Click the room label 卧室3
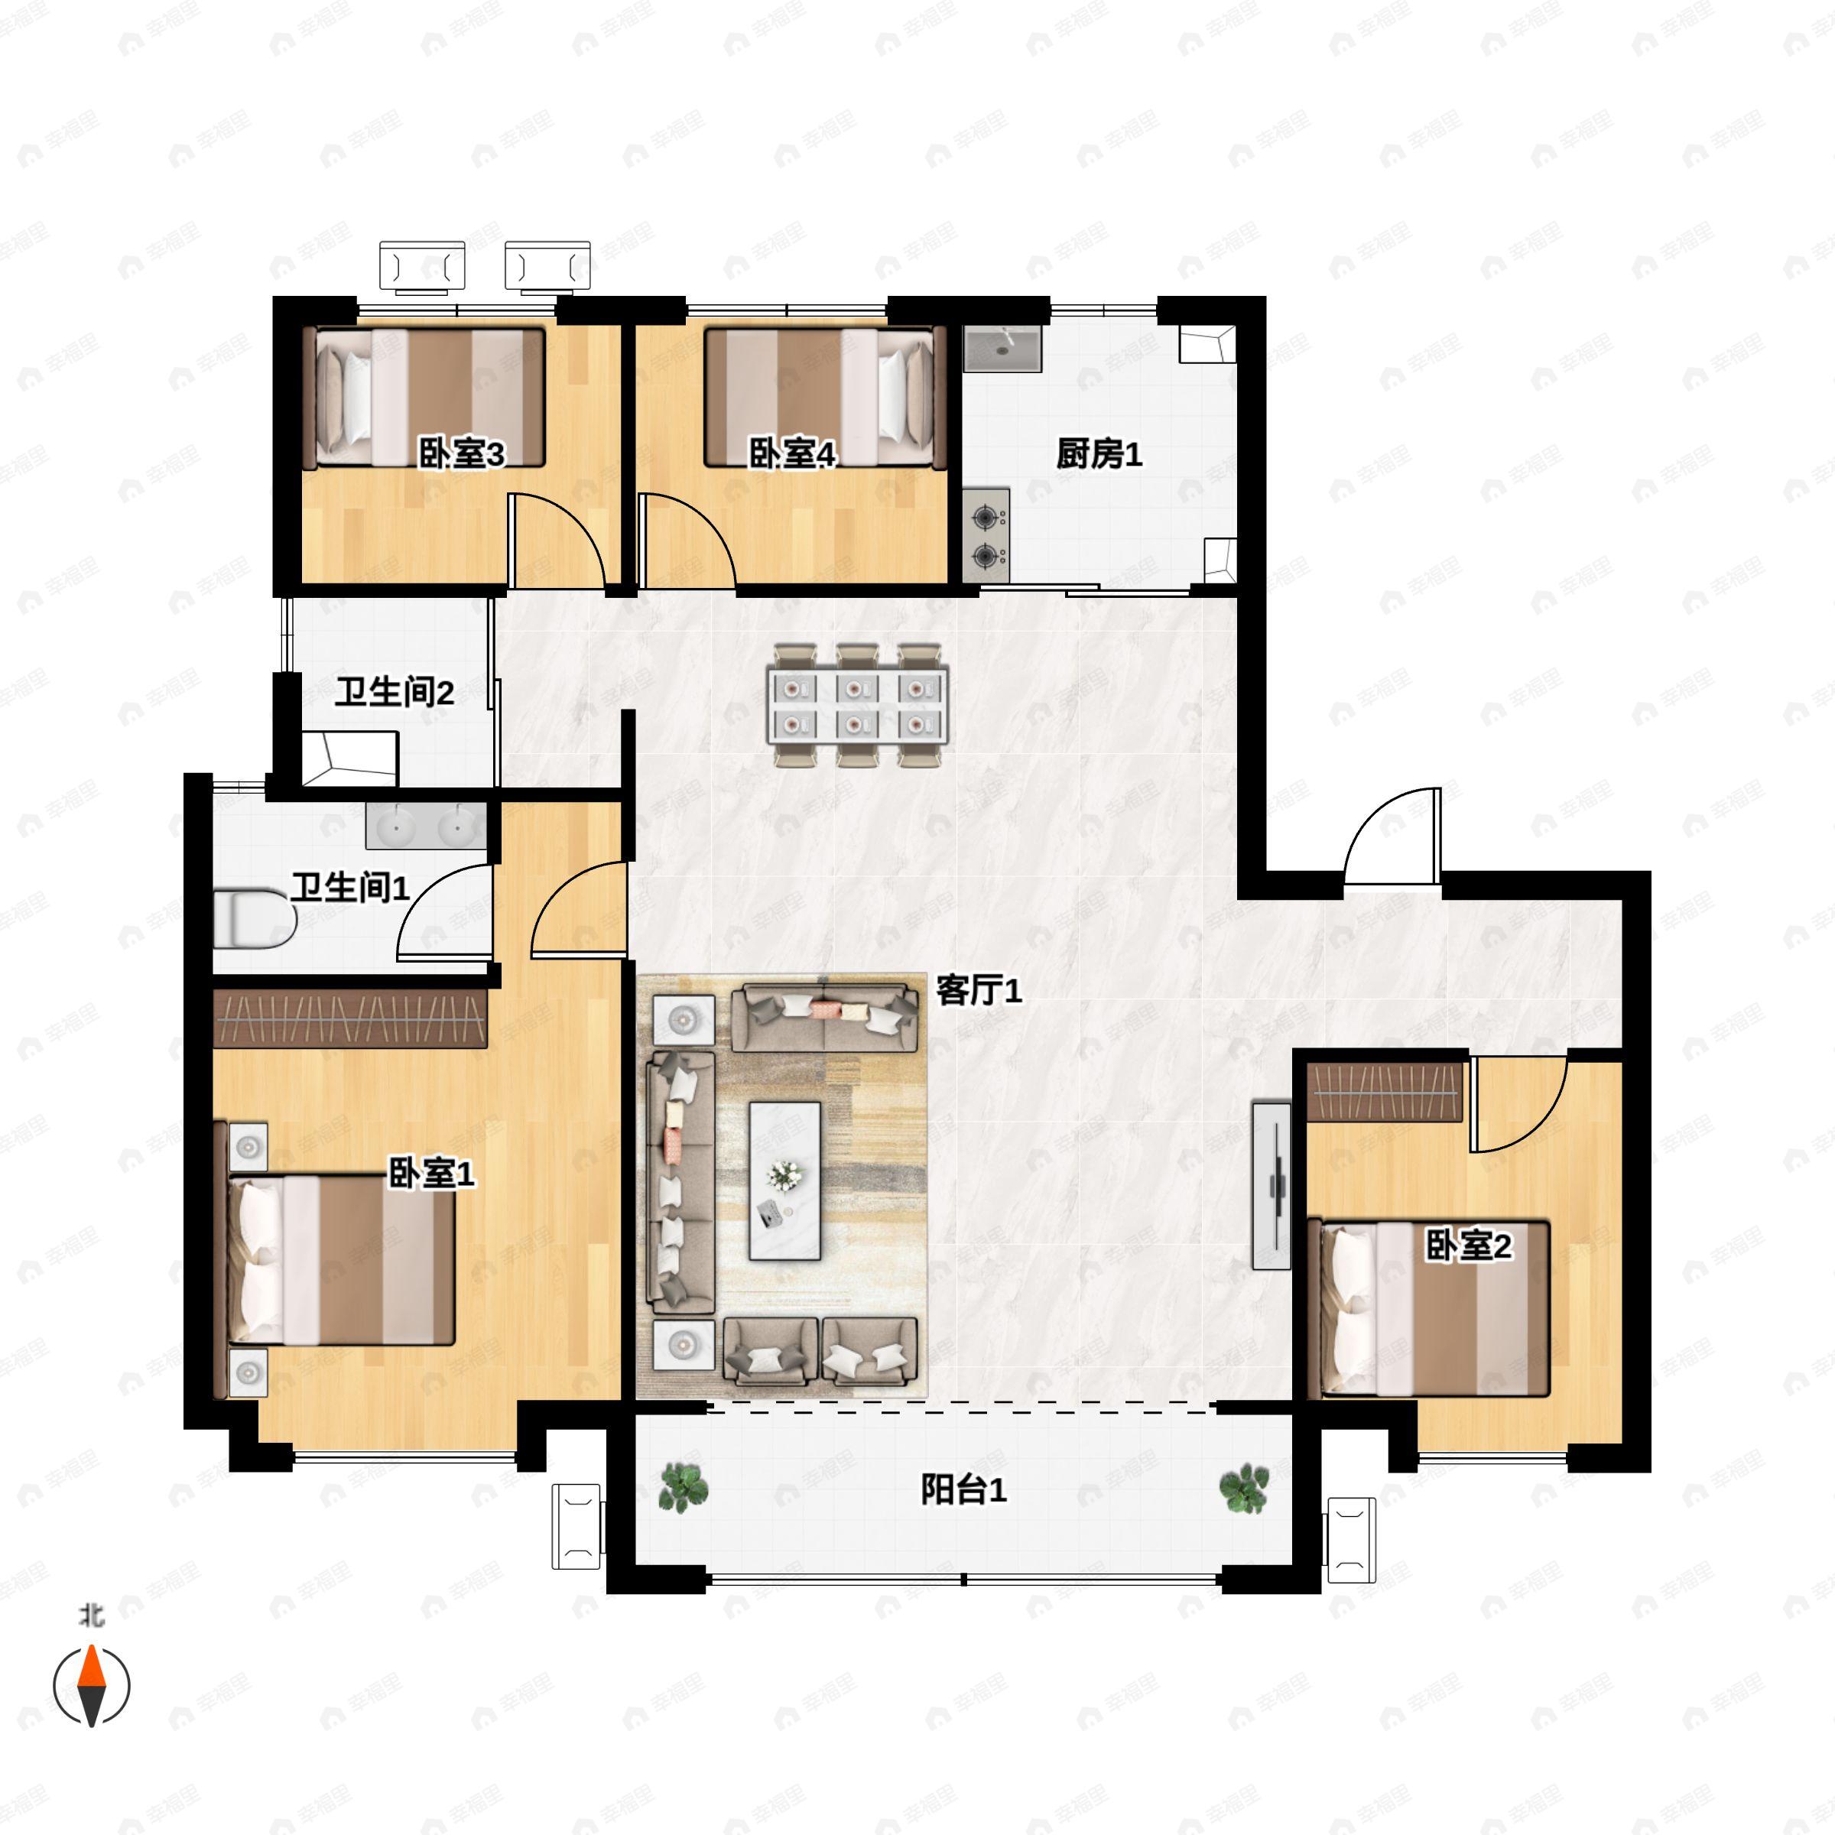point(462,454)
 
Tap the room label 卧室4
point(792,454)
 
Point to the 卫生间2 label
point(395,693)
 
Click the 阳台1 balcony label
point(963,1489)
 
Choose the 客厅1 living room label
point(979,991)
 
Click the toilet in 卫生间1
point(255,919)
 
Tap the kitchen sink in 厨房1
point(1003,349)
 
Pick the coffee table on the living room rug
point(784,1181)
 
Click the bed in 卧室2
point(1428,1309)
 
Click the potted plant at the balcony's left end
point(683,1487)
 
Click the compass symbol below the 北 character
point(91,1685)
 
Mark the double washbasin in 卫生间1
point(427,826)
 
